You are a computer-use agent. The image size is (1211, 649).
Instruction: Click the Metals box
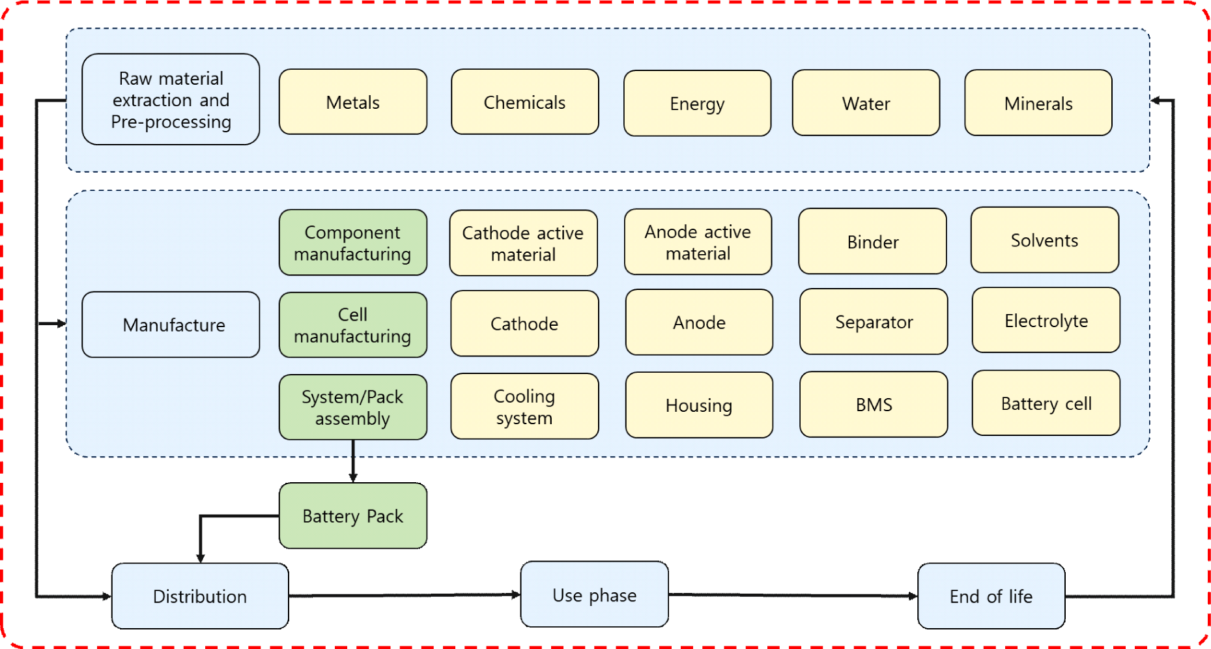352,102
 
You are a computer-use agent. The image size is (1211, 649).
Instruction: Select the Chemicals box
524,102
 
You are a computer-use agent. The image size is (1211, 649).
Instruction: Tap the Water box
866,103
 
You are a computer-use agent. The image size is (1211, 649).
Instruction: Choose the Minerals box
1038,103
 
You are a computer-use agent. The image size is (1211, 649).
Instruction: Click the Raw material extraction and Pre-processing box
171,100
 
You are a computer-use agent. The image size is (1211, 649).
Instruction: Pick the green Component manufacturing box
352,242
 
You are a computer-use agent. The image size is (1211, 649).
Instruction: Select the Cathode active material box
523,243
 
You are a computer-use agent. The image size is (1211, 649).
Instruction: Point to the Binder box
872,242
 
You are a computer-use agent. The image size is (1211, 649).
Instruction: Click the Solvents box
1044,240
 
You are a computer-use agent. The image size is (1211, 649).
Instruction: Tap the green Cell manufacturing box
352,324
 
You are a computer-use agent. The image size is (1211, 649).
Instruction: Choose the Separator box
874,322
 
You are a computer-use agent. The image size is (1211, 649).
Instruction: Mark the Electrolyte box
1046,321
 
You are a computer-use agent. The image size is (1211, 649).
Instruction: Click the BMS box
874,405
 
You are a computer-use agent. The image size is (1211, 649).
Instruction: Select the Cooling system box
524,407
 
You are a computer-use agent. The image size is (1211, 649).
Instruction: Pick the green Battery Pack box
352,515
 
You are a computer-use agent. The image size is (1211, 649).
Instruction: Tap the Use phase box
594,594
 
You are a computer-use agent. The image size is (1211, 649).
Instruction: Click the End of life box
991,596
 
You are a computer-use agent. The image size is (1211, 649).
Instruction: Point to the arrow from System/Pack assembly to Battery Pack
353,461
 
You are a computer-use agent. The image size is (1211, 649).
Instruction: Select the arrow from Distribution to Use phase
404,596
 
